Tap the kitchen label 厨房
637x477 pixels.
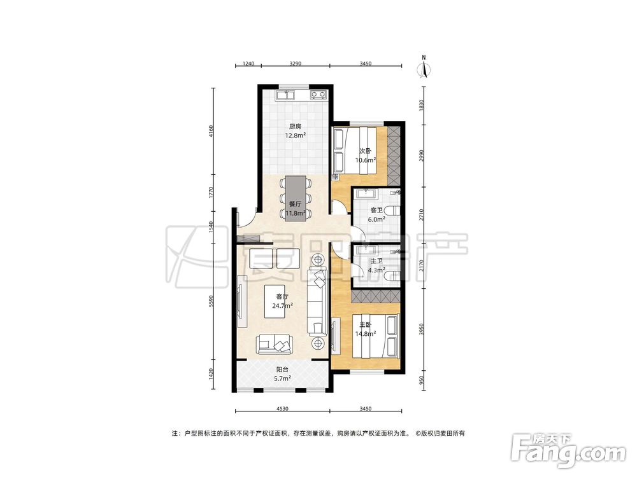click(296, 126)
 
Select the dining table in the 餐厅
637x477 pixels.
click(296, 198)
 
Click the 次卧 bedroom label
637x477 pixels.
click(365, 151)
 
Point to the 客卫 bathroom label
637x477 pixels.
click(376, 211)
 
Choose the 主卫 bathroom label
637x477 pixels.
click(376, 261)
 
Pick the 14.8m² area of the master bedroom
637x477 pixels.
click(365, 334)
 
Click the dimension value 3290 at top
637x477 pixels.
click(296, 64)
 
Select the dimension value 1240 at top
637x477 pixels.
click(248, 64)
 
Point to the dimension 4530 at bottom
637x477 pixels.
click(282, 409)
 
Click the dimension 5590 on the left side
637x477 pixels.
click(210, 301)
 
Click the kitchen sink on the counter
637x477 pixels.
click(286, 95)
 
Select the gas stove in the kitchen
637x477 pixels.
click(318, 95)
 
